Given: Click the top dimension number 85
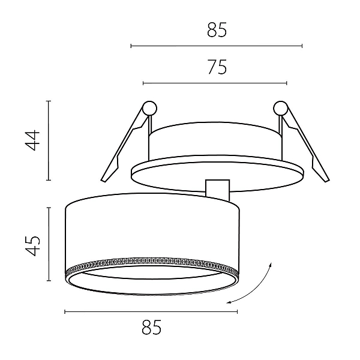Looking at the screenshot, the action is pyautogui.click(x=217, y=30).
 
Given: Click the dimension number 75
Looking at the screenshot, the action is pyautogui.click(x=217, y=67).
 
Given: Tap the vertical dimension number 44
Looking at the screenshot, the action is pyautogui.click(x=32, y=140).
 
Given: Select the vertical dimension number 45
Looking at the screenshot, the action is pyautogui.click(x=32, y=245).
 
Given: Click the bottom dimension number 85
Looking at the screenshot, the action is pyautogui.click(x=152, y=327).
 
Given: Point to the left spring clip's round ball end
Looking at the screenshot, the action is pyautogui.click(x=149, y=108).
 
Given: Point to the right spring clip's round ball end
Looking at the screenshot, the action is pyautogui.click(x=281, y=108).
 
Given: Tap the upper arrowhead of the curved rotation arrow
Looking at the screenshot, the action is pyautogui.click(x=271, y=265).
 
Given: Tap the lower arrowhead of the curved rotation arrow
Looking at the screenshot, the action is pyautogui.click(x=228, y=302).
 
